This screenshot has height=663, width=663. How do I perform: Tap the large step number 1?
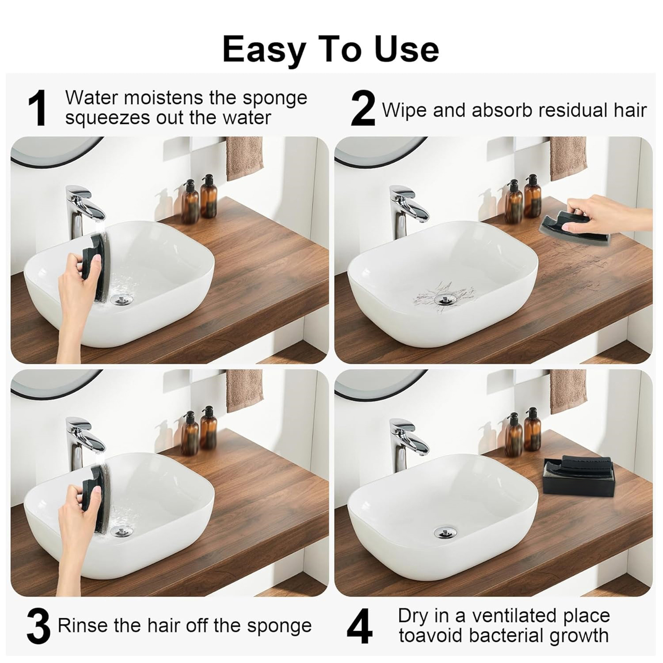tap(39, 109)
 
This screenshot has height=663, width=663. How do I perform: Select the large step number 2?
tap(363, 109)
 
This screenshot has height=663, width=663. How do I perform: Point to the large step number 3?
tap(39, 626)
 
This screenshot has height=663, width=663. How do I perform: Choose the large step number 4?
tap(359, 626)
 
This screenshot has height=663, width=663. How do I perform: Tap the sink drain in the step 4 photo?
tap(444, 531)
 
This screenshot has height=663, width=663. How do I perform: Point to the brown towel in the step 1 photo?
tap(244, 158)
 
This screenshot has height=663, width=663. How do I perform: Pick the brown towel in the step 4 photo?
tap(568, 391)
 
